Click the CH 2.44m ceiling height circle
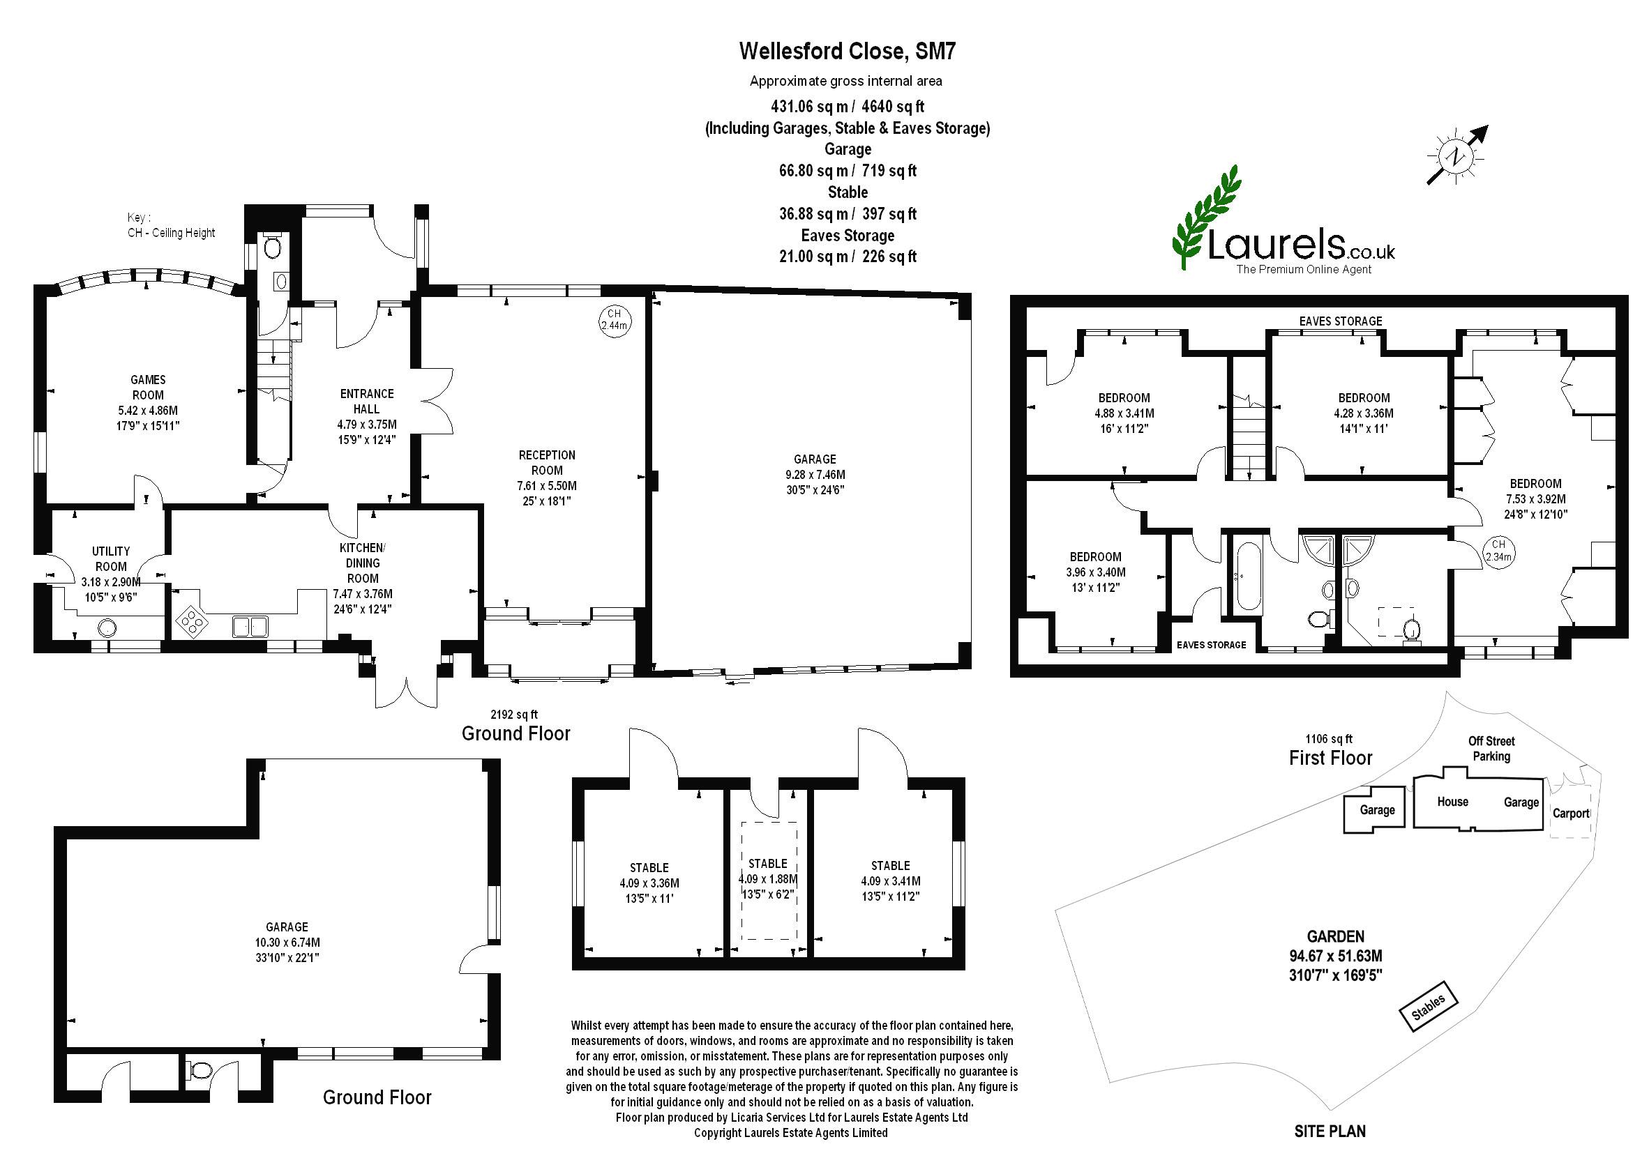click(x=614, y=319)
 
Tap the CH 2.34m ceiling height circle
click(x=1498, y=550)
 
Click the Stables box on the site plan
click(x=1428, y=1005)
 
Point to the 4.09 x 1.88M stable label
click(x=767, y=879)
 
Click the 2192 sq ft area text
click(x=514, y=715)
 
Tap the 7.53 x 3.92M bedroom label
click(x=1535, y=498)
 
